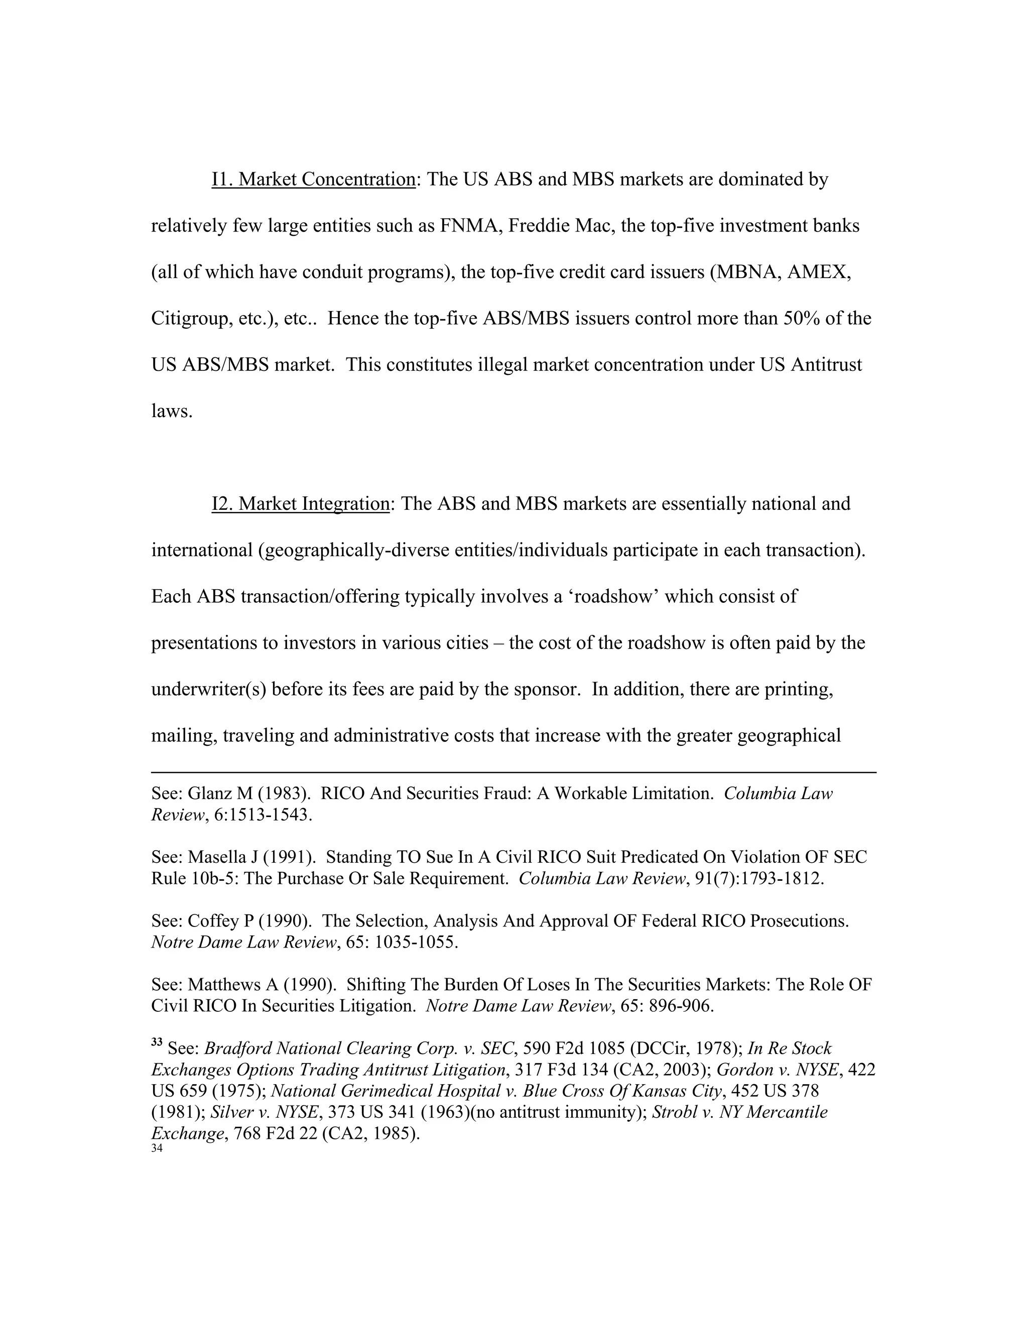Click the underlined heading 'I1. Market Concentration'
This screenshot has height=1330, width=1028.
click(313, 180)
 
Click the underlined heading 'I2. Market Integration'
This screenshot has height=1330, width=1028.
click(300, 504)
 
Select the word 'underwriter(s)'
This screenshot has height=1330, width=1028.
click(208, 690)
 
